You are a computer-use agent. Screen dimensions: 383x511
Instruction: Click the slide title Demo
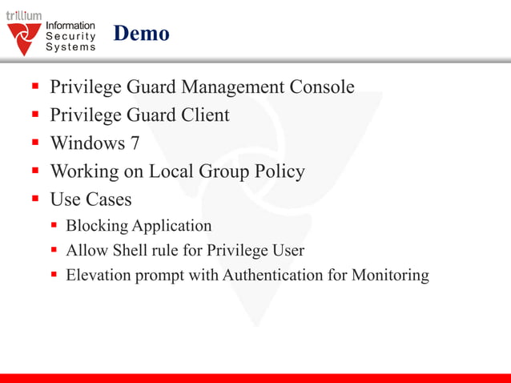pyautogui.click(x=141, y=34)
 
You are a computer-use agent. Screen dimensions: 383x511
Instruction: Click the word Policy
pyautogui.click(x=277, y=171)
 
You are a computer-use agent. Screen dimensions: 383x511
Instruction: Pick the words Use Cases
pyautogui.click(x=91, y=199)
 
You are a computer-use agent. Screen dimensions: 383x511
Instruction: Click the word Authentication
pyautogui.click(x=273, y=276)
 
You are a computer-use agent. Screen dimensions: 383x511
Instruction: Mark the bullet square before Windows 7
pyautogui.click(x=36, y=143)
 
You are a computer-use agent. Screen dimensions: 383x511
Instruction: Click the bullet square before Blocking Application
pyautogui.click(x=54, y=226)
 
